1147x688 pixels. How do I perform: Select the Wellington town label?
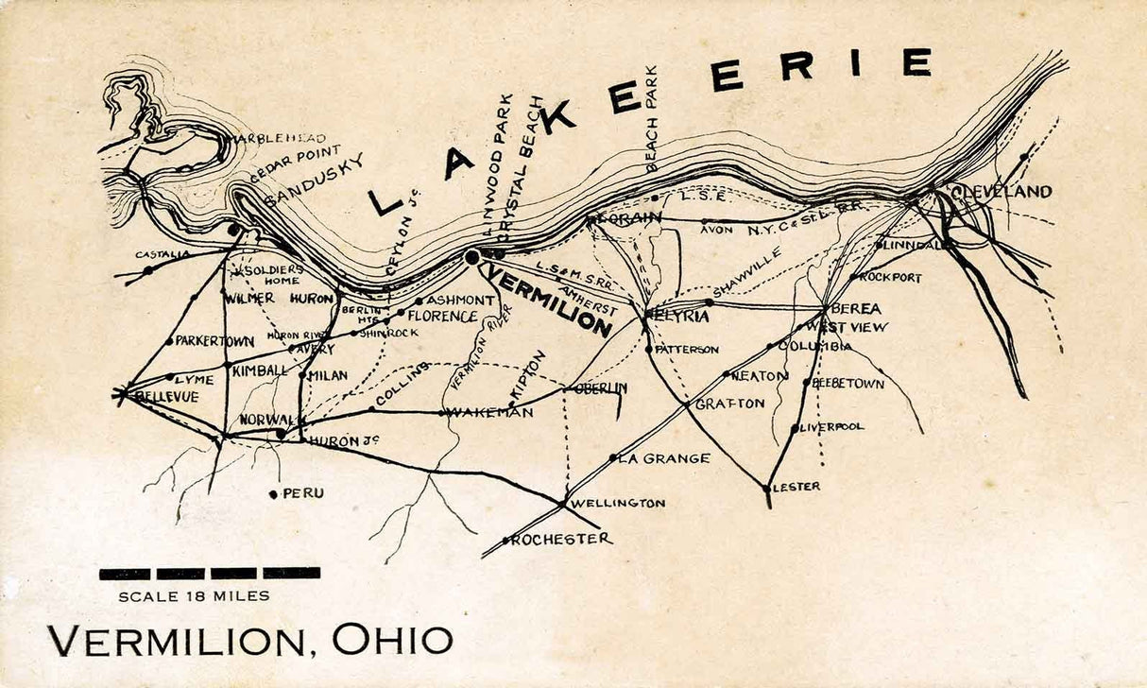pos(618,503)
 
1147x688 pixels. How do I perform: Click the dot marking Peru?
pos(273,493)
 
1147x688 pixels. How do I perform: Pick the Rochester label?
pos(561,539)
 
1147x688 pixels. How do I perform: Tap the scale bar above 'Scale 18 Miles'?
pos(209,573)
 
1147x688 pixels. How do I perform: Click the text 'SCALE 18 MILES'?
pos(194,596)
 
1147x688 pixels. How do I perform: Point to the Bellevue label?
pos(166,397)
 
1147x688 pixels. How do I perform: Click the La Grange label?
pos(663,458)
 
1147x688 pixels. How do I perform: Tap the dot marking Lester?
pos(766,489)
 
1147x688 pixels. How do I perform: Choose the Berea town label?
pos(856,309)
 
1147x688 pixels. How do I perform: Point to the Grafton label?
pos(730,404)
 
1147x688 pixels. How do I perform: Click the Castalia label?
pos(163,254)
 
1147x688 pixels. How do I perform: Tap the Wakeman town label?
pos(489,412)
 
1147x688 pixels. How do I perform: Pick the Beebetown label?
pos(848,384)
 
